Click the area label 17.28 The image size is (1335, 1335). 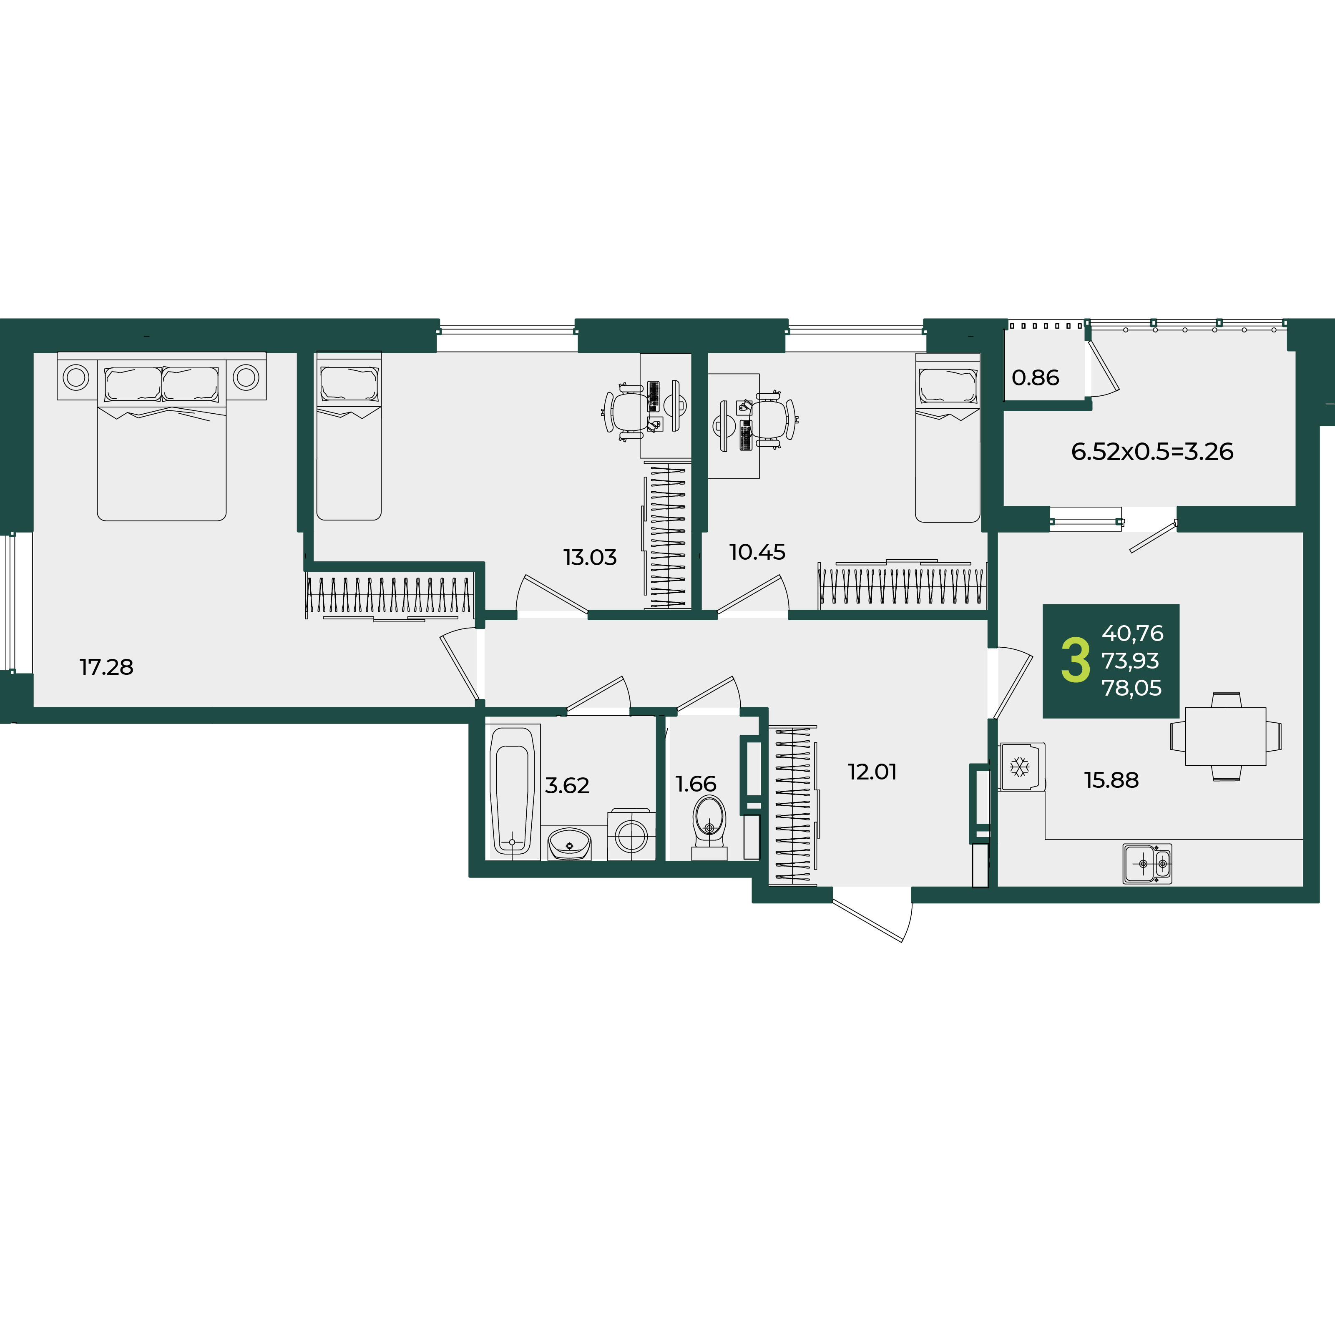[x=106, y=667]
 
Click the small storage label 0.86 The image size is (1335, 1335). [x=1035, y=377]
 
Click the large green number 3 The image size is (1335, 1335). [x=1075, y=661]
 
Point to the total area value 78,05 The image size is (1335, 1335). [x=1132, y=688]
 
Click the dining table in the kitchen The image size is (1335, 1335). [x=1226, y=736]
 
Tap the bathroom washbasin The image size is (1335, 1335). [x=569, y=844]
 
